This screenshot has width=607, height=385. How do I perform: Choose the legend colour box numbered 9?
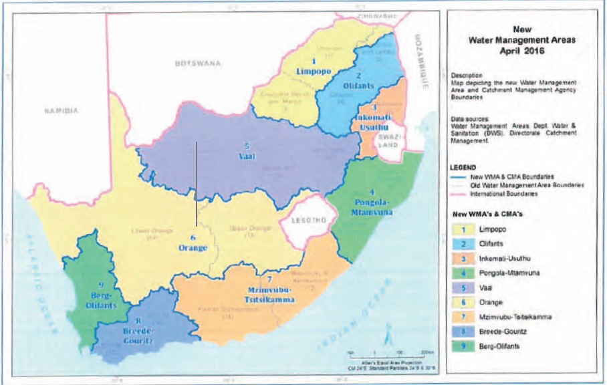coord(461,346)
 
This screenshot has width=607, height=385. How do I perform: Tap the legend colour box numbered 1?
coord(461,229)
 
